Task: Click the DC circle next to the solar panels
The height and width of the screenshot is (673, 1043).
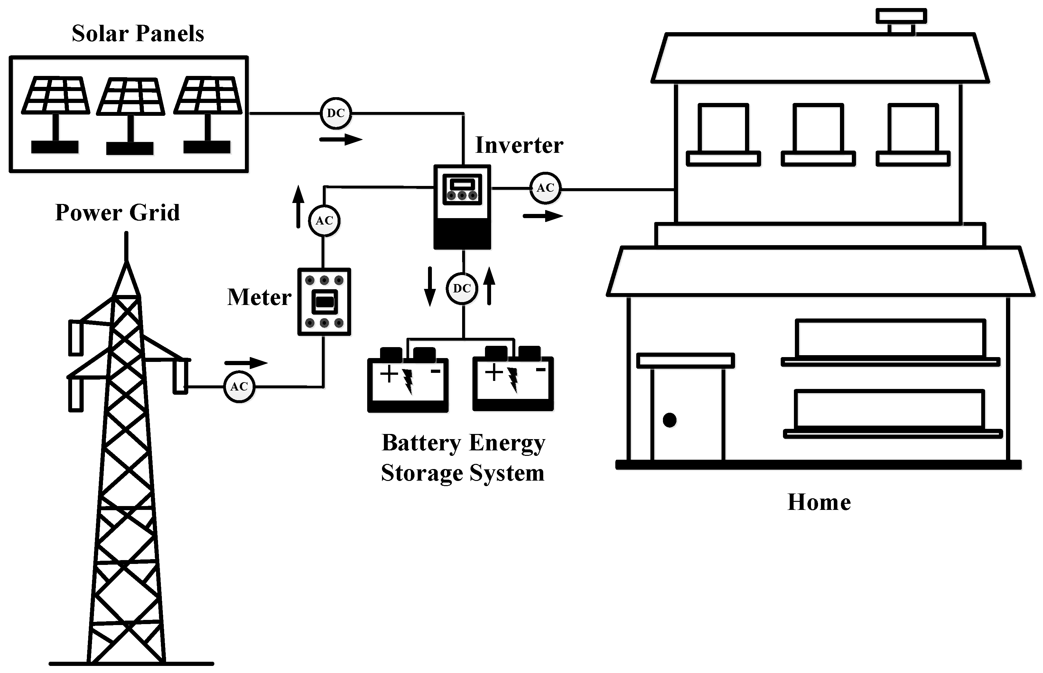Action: [x=336, y=113]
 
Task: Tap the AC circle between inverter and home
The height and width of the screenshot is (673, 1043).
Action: [x=545, y=188]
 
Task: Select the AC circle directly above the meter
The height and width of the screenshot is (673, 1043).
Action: [x=324, y=221]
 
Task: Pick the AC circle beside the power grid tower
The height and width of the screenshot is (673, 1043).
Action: [x=239, y=387]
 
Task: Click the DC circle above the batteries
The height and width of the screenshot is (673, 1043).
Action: [x=462, y=289]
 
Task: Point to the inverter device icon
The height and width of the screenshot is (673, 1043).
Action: [x=462, y=207]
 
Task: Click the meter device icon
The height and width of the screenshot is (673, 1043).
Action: [x=324, y=301]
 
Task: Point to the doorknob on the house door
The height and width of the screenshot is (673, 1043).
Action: [x=670, y=420]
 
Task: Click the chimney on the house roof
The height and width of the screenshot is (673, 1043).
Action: [x=901, y=22]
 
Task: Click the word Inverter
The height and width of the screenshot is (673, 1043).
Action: [x=519, y=145]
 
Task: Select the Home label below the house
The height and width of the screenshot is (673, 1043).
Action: [x=819, y=502]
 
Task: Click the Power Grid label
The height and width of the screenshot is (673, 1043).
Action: [x=117, y=213]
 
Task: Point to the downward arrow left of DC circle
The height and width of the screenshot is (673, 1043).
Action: [x=430, y=287]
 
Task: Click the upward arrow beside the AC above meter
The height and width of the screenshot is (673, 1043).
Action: [x=298, y=206]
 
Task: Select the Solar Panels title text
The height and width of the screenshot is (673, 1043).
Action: [x=138, y=34]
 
